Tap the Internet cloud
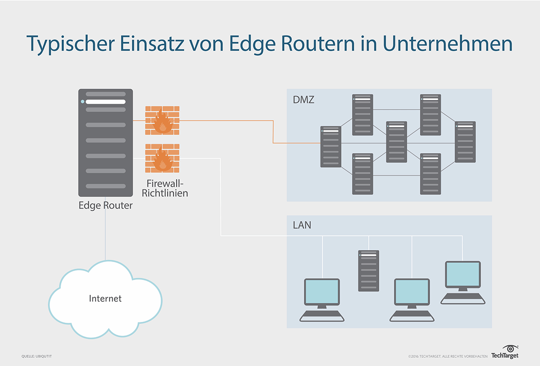(x=105, y=298)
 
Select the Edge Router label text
(x=105, y=205)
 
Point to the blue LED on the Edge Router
(x=82, y=102)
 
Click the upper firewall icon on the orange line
(x=162, y=121)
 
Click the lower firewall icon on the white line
(x=162, y=158)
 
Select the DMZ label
(x=303, y=100)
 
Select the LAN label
(x=301, y=225)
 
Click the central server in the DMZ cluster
(x=396, y=142)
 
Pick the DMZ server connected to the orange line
(x=331, y=147)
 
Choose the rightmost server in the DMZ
(x=465, y=142)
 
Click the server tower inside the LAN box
(x=369, y=271)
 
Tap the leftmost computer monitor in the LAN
(x=322, y=292)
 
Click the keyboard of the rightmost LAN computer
(x=463, y=298)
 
